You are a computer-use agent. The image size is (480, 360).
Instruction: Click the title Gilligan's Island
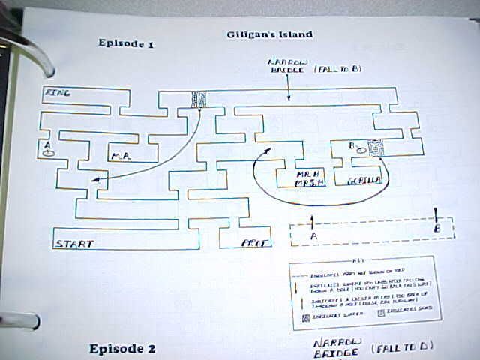[269, 34]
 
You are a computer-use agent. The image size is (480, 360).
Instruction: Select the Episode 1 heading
[126, 43]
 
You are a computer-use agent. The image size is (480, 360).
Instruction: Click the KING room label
[58, 93]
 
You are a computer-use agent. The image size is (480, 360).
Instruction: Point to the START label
[74, 243]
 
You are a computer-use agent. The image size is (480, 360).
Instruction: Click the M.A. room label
[121, 157]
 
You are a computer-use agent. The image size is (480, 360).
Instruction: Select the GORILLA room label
[365, 181]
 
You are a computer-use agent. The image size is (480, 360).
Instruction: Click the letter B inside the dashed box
[438, 229]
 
